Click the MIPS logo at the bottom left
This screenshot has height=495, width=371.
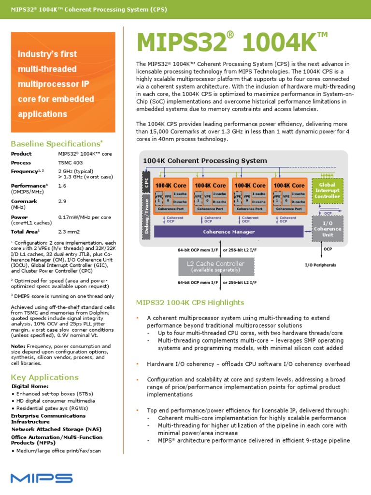pos(42,478)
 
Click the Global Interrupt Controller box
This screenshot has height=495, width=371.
pos(327,190)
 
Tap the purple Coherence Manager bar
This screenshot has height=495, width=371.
pos(228,232)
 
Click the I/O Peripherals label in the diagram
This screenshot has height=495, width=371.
pos(320,265)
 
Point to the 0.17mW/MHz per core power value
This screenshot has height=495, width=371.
pos(85,217)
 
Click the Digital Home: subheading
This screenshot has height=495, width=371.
pos(30,386)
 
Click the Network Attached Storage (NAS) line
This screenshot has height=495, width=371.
pos(50,429)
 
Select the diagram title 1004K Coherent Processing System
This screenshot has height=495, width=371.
pos(205,160)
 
